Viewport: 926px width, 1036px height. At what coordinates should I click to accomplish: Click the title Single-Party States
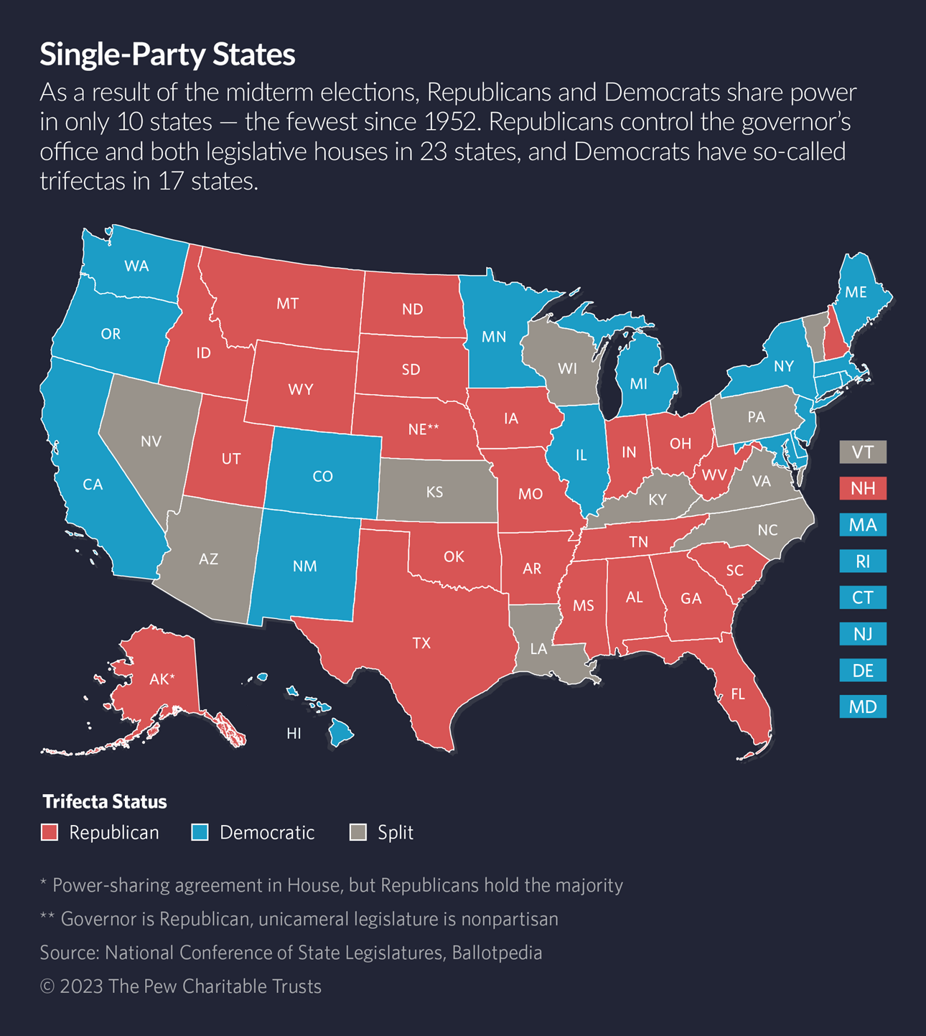point(167,55)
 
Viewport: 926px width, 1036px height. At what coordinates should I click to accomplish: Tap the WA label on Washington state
point(136,266)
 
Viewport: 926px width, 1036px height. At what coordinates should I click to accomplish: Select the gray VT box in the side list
point(863,452)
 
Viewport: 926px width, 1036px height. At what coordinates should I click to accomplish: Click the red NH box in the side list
point(863,489)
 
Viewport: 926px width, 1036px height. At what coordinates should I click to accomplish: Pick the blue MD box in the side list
point(863,707)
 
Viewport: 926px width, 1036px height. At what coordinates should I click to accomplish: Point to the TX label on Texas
point(421,643)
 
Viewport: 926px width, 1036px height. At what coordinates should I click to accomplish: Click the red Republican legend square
point(50,832)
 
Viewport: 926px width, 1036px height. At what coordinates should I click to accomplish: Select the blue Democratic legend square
point(200,832)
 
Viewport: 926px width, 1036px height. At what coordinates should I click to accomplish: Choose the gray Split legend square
point(357,832)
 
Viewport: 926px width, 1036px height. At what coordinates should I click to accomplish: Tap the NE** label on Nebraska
point(423,429)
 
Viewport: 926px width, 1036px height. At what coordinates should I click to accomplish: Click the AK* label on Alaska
point(162,679)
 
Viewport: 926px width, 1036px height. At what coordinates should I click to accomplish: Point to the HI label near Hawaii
point(294,734)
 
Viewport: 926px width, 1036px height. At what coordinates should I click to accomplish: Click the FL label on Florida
point(737,694)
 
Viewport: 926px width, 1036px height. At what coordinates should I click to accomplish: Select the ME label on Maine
point(856,292)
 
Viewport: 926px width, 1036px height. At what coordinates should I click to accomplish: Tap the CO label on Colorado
point(322,477)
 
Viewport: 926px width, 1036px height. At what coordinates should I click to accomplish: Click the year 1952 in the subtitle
point(450,122)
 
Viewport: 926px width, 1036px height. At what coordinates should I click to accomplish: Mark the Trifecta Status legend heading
point(105,801)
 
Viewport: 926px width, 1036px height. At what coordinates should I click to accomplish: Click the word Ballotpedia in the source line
point(497,953)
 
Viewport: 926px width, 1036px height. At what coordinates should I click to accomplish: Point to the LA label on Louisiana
point(538,649)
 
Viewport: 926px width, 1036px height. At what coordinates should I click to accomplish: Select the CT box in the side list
point(863,598)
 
